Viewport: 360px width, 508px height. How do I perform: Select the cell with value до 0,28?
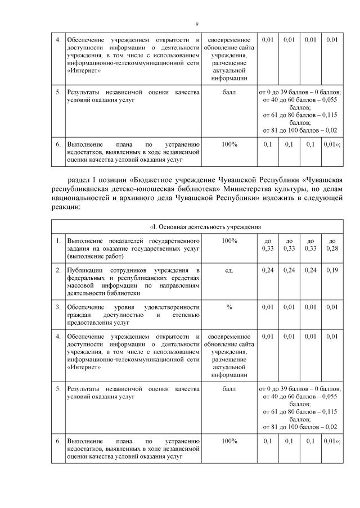click(332, 244)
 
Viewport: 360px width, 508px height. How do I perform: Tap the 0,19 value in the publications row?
click(332, 270)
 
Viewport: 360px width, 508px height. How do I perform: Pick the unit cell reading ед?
click(229, 270)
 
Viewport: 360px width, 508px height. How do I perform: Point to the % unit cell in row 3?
click(229, 307)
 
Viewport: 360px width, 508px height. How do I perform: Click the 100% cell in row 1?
click(229, 241)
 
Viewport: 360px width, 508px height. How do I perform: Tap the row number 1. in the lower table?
click(58, 241)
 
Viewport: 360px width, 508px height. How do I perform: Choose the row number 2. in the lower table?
click(58, 270)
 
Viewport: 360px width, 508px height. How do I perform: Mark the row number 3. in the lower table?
click(58, 307)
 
